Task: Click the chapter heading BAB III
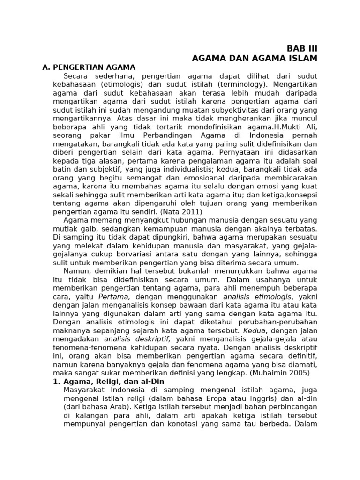pyautogui.click(x=302, y=49)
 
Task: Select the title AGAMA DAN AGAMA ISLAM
pyautogui.click(x=255, y=58)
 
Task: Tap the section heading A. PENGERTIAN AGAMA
pyautogui.click(x=89, y=67)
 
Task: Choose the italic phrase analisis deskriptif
pyautogui.click(x=137, y=338)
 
